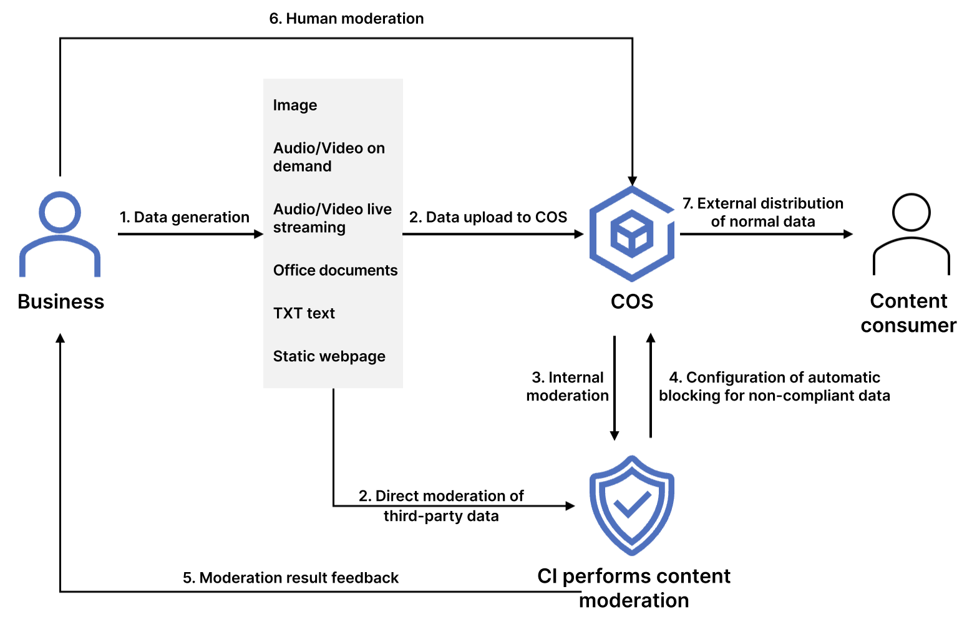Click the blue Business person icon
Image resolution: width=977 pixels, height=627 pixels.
(x=60, y=234)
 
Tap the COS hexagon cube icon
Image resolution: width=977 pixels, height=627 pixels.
(x=632, y=234)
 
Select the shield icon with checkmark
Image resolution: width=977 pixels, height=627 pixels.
(x=632, y=505)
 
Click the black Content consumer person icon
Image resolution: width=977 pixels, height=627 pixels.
(x=911, y=234)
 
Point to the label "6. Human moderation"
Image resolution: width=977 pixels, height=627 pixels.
(x=346, y=19)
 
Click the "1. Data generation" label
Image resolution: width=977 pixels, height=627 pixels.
(x=184, y=217)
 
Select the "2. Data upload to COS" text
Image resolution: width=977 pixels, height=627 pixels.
(x=488, y=217)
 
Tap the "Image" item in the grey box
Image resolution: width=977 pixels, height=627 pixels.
(x=295, y=105)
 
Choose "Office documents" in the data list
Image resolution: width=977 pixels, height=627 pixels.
(x=335, y=270)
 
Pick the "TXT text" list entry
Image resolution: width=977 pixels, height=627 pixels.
(x=304, y=313)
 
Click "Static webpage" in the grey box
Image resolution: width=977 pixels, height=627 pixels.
(x=329, y=356)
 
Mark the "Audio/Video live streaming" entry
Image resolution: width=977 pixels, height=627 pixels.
(x=332, y=218)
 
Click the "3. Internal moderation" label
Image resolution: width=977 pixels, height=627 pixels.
(x=567, y=386)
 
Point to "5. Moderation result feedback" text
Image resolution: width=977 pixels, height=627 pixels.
(x=290, y=578)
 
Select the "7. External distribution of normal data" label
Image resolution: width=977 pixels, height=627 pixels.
(x=762, y=212)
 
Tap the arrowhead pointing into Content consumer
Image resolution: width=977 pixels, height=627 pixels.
(x=848, y=234)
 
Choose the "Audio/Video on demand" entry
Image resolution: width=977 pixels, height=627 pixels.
(x=329, y=157)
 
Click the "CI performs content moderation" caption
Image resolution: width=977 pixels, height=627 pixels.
(x=634, y=588)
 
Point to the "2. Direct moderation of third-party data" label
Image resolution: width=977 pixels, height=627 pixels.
(x=441, y=506)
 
